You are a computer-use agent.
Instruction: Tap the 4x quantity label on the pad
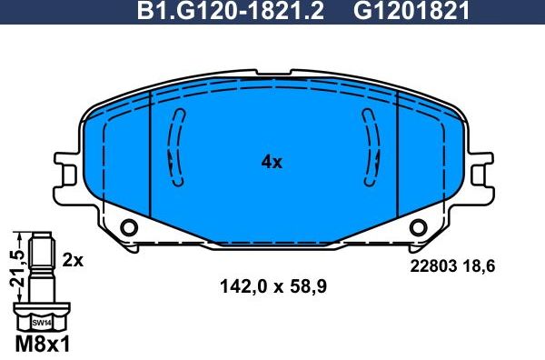272,163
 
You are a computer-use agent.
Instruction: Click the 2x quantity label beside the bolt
73,260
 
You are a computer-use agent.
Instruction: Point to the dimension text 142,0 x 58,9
272,286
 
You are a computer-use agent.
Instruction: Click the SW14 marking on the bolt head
41,323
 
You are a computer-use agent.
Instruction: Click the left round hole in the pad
128,227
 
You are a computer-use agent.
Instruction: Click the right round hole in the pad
417,227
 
